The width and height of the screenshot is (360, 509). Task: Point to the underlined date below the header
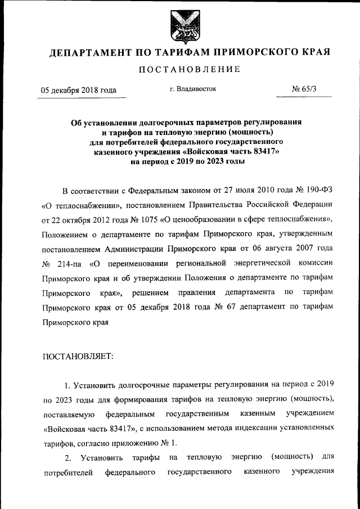78,90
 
